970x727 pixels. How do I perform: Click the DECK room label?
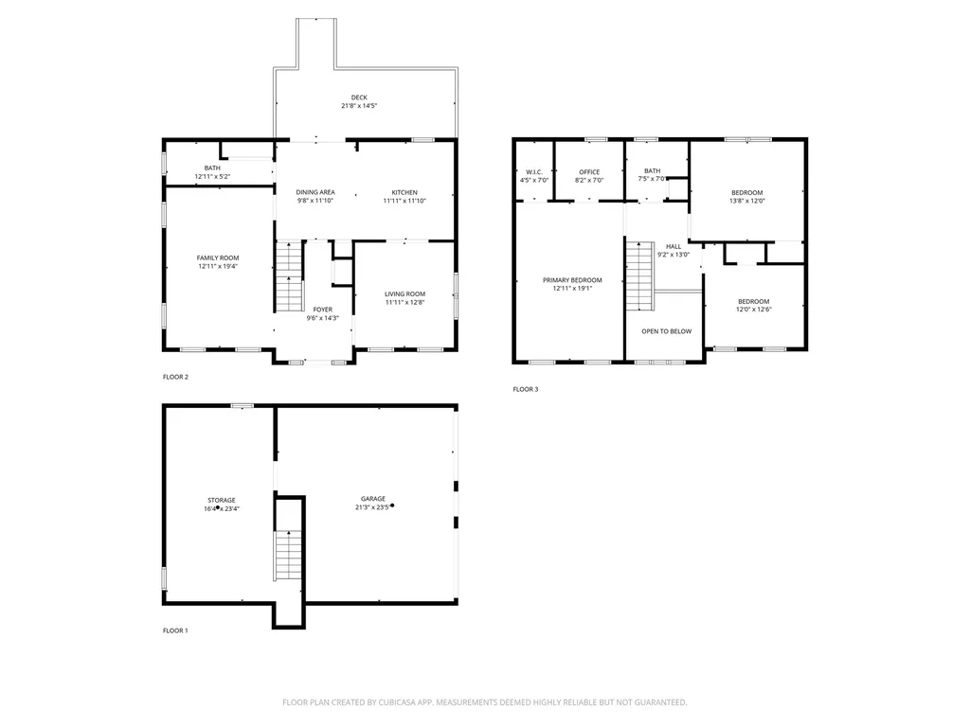359,98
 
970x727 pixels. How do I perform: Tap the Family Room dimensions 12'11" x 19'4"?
218,267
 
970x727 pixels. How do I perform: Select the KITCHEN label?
404,192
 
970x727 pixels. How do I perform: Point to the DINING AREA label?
315,192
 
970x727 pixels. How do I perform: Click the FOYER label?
323,310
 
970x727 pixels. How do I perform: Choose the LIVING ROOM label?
404,293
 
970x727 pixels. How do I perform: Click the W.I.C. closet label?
534,171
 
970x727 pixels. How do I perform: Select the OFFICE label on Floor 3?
588,171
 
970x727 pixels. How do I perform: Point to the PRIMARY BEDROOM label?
572,280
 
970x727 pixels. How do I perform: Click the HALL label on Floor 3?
674,246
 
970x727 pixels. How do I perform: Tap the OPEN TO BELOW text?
666,331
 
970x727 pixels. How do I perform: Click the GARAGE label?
372,499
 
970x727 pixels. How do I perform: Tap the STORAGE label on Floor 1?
222,500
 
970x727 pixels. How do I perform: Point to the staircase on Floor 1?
288,557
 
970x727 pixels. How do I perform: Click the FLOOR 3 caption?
525,389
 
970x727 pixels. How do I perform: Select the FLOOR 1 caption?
175,630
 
